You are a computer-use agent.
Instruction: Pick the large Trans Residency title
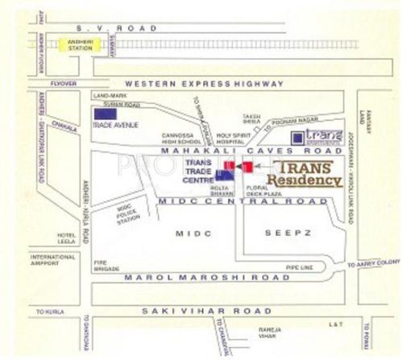coord(305,174)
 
